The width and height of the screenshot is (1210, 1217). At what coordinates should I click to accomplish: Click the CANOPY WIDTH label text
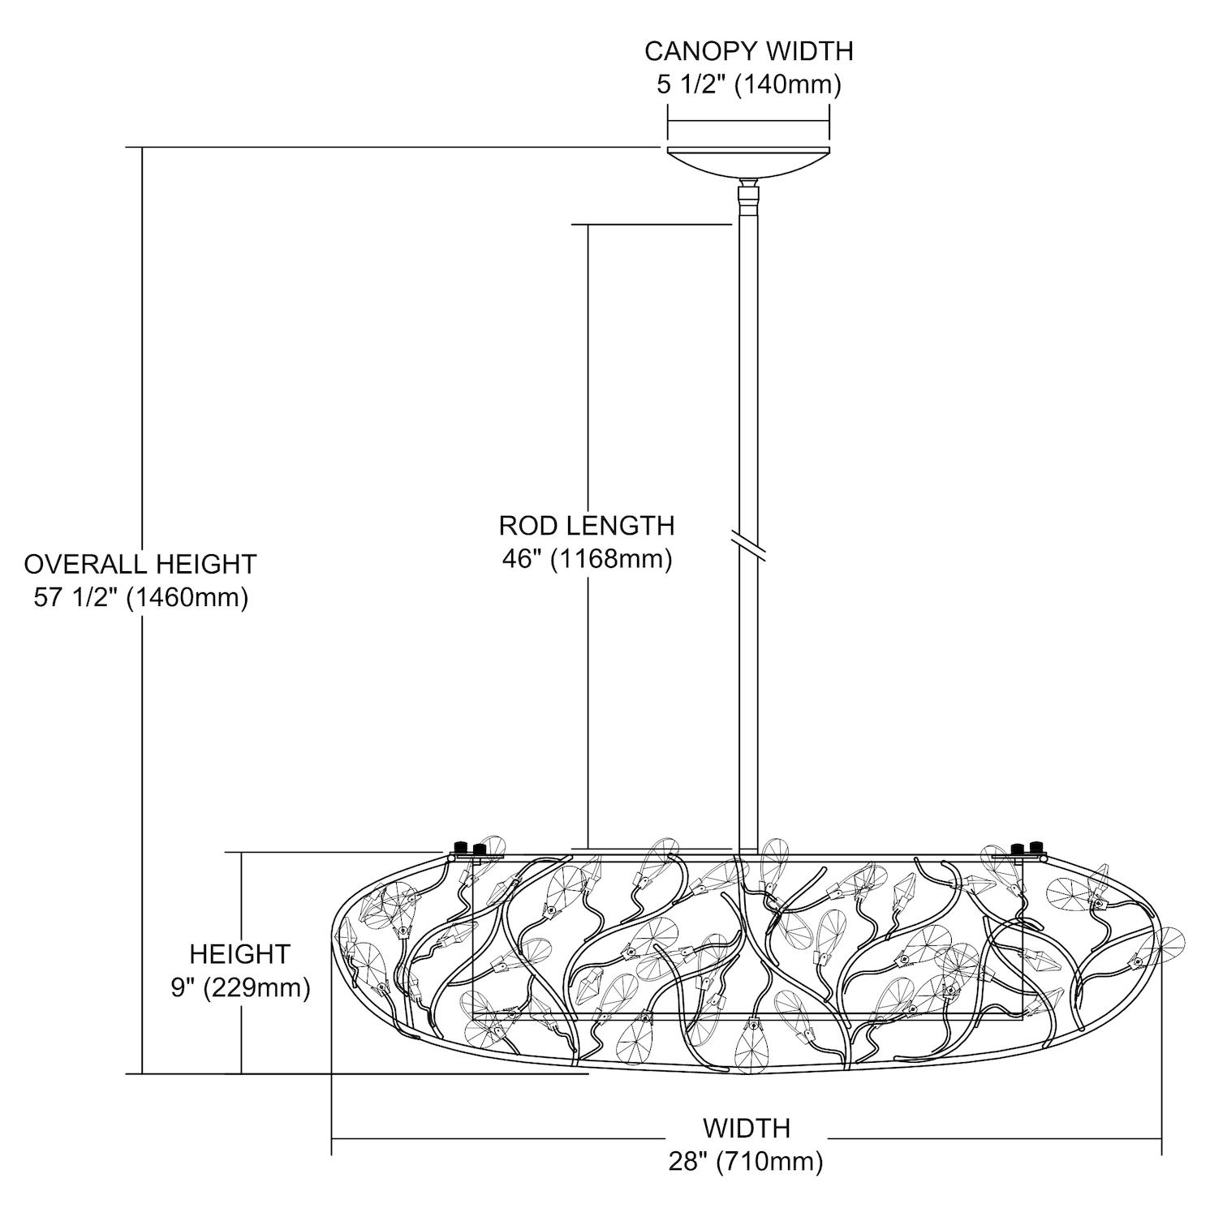tap(748, 51)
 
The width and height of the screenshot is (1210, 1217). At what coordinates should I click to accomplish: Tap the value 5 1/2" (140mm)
tap(748, 84)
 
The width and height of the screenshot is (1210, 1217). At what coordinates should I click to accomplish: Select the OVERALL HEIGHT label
tap(140, 563)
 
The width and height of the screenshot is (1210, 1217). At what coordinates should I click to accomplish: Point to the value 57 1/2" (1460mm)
tap(140, 598)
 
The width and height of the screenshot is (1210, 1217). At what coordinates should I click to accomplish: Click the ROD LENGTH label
tap(587, 526)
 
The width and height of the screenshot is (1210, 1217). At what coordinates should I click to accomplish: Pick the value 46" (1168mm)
tap(587, 560)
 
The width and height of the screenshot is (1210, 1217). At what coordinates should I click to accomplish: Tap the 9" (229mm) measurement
tap(240, 988)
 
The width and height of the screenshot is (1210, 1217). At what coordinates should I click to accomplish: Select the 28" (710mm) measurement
tap(746, 1162)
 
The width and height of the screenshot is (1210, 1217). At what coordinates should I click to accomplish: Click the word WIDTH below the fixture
tap(746, 1128)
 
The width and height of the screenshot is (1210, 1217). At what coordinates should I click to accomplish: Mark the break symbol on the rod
tap(748, 544)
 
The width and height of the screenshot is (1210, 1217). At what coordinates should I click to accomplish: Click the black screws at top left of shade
tap(469, 849)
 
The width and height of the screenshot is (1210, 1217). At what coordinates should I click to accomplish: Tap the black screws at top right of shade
tap(1027, 849)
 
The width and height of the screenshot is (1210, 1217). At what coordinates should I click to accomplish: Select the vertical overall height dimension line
tap(143, 406)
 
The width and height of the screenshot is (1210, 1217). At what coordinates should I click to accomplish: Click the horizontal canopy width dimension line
tap(748, 122)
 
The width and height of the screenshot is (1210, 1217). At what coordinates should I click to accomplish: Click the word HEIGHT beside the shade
tap(240, 953)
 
